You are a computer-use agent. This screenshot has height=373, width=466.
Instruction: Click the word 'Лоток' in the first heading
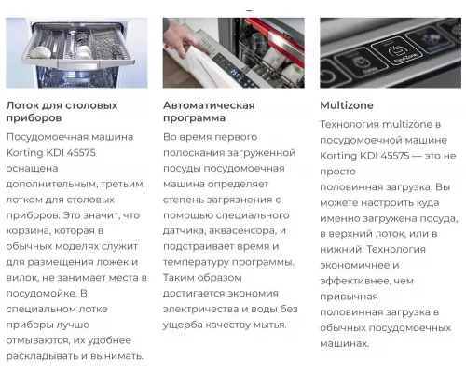point(25,105)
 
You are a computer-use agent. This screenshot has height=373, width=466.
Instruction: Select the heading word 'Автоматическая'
point(209,105)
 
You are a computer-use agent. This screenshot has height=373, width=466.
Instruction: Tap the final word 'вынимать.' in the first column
point(116,356)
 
